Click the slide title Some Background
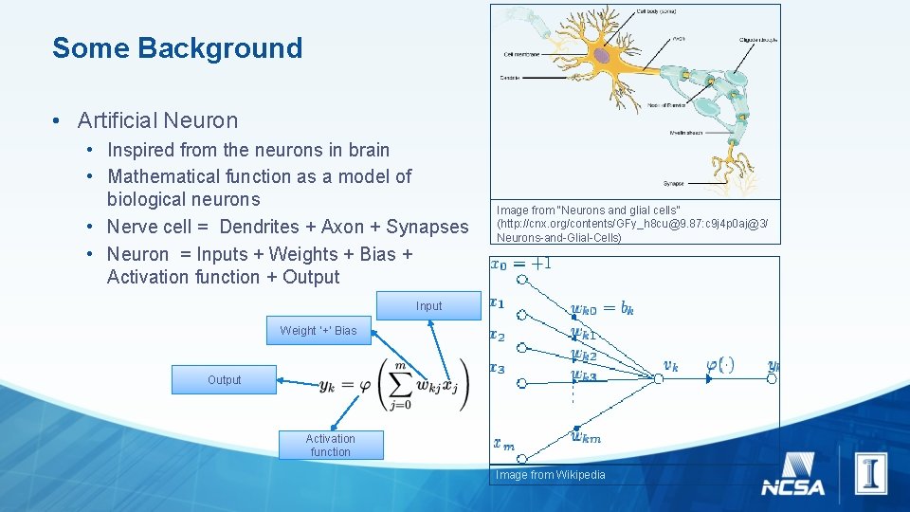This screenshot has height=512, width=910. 177,48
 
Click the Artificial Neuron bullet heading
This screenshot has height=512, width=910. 157,120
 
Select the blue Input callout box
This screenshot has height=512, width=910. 428,306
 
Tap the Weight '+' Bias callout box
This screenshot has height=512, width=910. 318,331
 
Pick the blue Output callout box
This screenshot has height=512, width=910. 224,380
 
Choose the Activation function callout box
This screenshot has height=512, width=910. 330,446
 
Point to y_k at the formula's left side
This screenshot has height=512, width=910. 327,385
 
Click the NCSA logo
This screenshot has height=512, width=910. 793,475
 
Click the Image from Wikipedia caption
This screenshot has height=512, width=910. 551,475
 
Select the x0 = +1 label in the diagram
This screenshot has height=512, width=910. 520,265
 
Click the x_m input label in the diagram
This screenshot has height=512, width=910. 503,443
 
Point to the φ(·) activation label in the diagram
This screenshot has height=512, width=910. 719,364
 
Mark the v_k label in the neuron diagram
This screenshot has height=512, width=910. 670,365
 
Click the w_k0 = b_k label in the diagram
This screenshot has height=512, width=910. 602,308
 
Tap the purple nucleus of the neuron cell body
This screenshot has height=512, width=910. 603,56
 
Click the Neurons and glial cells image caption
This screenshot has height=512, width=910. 632,224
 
